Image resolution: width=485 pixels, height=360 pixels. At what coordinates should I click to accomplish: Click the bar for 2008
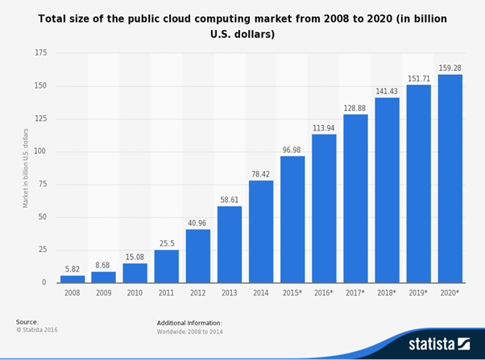point(73,279)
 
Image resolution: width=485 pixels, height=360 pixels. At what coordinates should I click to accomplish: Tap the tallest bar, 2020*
point(450,179)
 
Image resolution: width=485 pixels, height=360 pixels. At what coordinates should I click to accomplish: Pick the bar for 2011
point(167,267)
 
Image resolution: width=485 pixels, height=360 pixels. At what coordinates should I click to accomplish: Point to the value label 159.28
point(450,68)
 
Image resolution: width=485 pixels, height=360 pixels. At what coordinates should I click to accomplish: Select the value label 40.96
point(198,221)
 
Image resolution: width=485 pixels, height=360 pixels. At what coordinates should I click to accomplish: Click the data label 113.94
point(324,126)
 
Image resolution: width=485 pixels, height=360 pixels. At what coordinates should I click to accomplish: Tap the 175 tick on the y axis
point(40,53)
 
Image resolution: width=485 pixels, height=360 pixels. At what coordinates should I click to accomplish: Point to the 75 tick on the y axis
point(42,184)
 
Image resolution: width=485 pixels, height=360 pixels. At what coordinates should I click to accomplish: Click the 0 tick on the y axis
point(45,283)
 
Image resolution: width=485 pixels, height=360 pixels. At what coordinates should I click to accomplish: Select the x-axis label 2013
point(230,294)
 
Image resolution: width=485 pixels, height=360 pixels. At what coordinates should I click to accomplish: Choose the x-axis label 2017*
point(355,294)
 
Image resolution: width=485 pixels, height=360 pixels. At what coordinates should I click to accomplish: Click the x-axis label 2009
point(104,294)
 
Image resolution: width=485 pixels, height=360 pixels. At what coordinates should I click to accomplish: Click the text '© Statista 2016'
point(37,330)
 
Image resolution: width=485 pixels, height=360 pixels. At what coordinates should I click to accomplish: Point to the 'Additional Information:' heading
point(189,323)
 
